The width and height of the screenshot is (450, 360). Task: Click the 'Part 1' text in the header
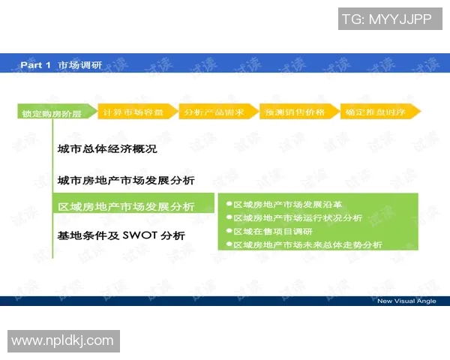point(35,65)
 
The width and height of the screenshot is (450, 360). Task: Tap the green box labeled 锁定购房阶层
point(52,113)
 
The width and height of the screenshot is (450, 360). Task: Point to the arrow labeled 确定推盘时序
point(379,112)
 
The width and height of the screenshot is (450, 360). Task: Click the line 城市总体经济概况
point(107,149)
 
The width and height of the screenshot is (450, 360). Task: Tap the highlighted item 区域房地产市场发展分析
point(126,207)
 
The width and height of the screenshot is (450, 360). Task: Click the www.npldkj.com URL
point(63,341)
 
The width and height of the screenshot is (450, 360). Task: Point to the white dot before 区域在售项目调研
point(229,231)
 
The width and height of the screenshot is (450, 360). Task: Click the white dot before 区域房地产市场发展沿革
point(229,204)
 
